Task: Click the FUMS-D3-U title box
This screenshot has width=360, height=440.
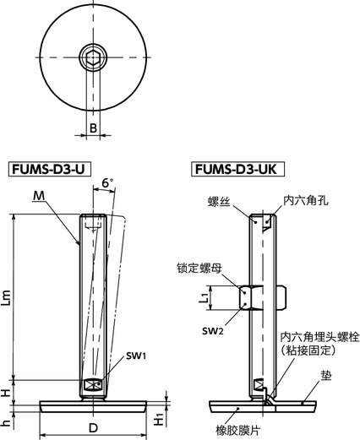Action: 50,169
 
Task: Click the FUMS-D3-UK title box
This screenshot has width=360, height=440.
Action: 237,169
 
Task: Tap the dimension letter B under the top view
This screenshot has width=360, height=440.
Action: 93,128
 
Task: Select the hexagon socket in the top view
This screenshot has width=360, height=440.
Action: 93,57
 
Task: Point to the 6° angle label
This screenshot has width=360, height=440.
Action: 106,183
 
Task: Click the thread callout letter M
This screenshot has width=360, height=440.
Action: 39,196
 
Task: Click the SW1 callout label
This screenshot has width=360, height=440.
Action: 136,356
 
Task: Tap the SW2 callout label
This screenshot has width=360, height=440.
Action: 212,331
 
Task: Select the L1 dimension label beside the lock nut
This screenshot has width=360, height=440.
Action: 204,297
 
